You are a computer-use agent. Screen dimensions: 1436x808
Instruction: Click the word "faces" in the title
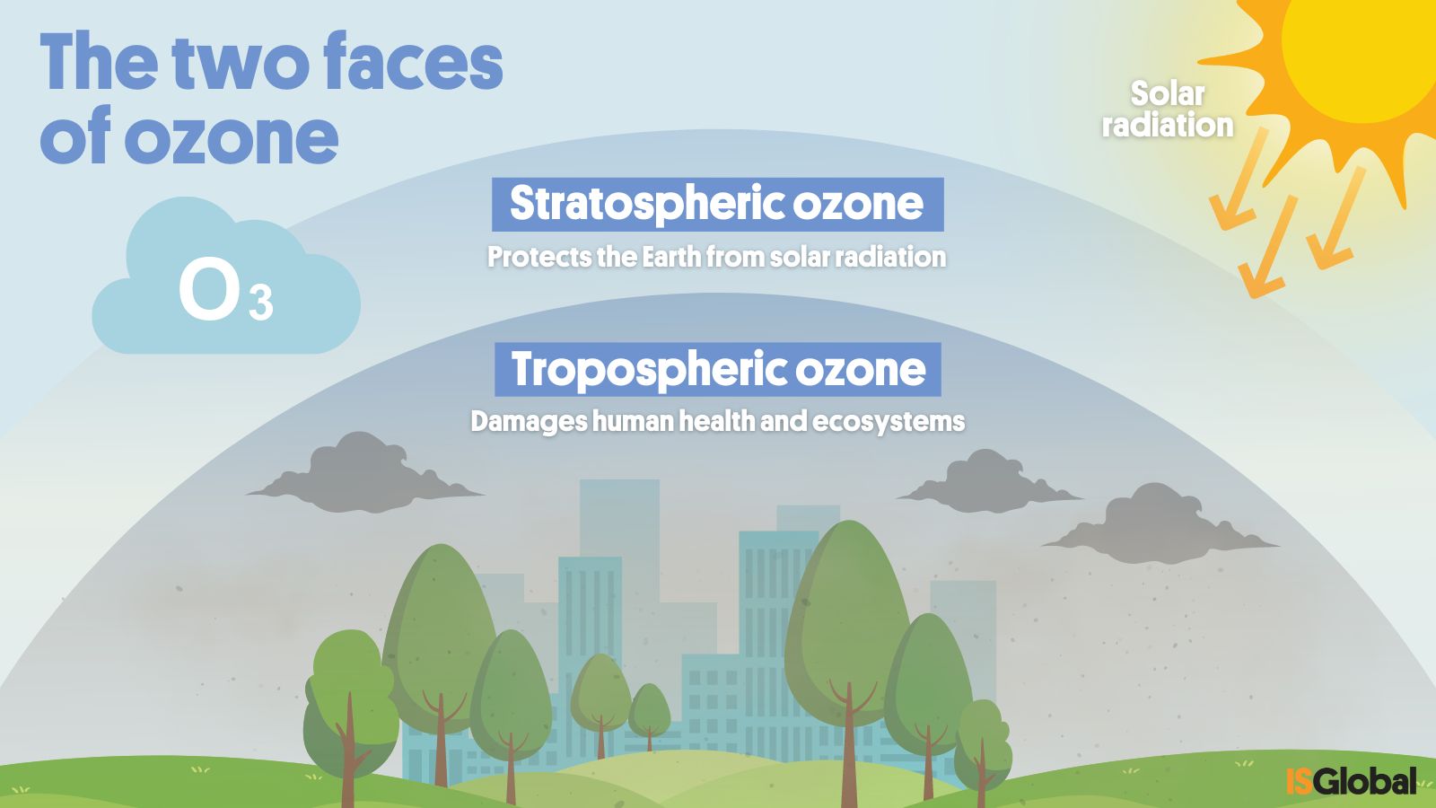pyautogui.click(x=413, y=62)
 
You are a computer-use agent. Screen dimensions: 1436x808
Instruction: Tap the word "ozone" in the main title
pyautogui.click(x=232, y=136)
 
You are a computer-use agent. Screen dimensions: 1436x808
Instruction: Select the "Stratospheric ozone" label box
pyautogui.click(x=717, y=205)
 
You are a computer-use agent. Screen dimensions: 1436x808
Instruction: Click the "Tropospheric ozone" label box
pyautogui.click(x=717, y=369)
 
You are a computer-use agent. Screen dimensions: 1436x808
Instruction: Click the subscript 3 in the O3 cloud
pyautogui.click(x=261, y=303)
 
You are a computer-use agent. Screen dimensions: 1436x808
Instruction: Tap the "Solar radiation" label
pyautogui.click(x=1168, y=110)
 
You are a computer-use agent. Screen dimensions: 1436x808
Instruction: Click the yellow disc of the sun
pyautogui.click(x=1359, y=51)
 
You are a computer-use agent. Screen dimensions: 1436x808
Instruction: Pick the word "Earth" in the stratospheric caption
pyautogui.click(x=671, y=257)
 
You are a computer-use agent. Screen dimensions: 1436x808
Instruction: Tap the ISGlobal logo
pyautogui.click(x=1351, y=780)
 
